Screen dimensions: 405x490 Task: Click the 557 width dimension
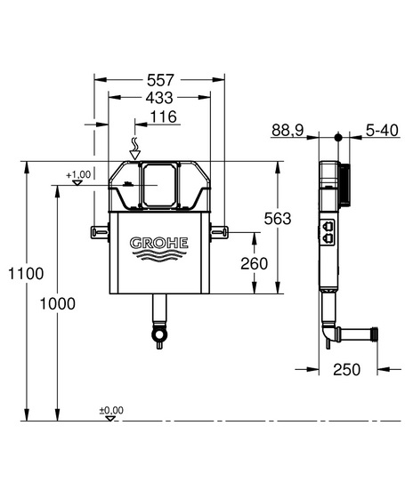point(160,80)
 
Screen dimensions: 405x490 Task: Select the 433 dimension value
point(159,98)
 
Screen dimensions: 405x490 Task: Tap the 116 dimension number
point(163,116)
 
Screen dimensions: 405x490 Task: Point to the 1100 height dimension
point(26,274)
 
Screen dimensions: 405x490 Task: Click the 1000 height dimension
point(58,303)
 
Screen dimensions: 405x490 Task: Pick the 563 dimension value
point(278,219)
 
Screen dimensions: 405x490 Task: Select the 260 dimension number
point(254,263)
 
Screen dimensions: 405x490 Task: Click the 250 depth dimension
point(346,370)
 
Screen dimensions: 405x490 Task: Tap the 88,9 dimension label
point(288,130)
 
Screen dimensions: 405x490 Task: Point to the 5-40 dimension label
point(382,130)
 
